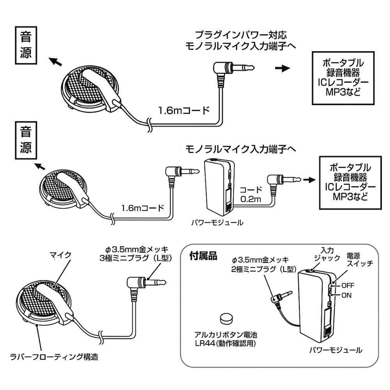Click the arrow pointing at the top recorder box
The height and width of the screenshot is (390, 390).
point(283,68)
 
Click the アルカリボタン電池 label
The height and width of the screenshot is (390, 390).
point(226,335)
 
